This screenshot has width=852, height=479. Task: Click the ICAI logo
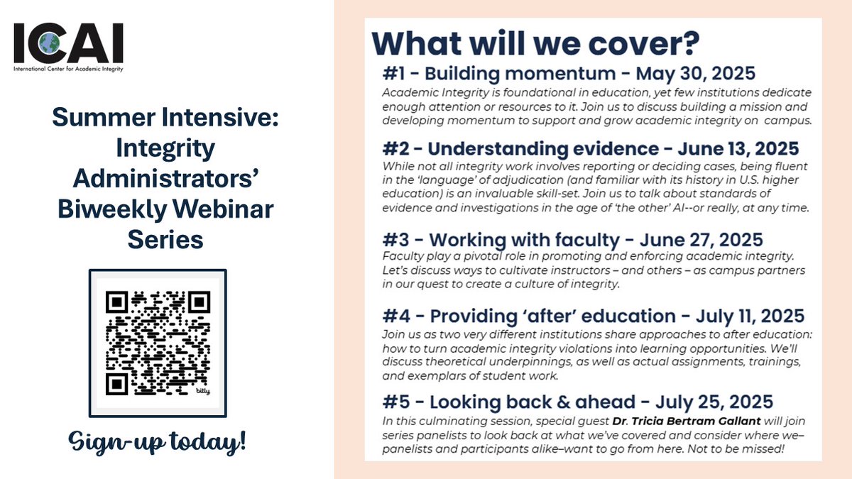click(68, 45)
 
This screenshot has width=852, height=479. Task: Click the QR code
click(158, 343)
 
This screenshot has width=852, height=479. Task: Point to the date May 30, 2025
click(695, 74)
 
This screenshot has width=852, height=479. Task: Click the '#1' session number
click(395, 74)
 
